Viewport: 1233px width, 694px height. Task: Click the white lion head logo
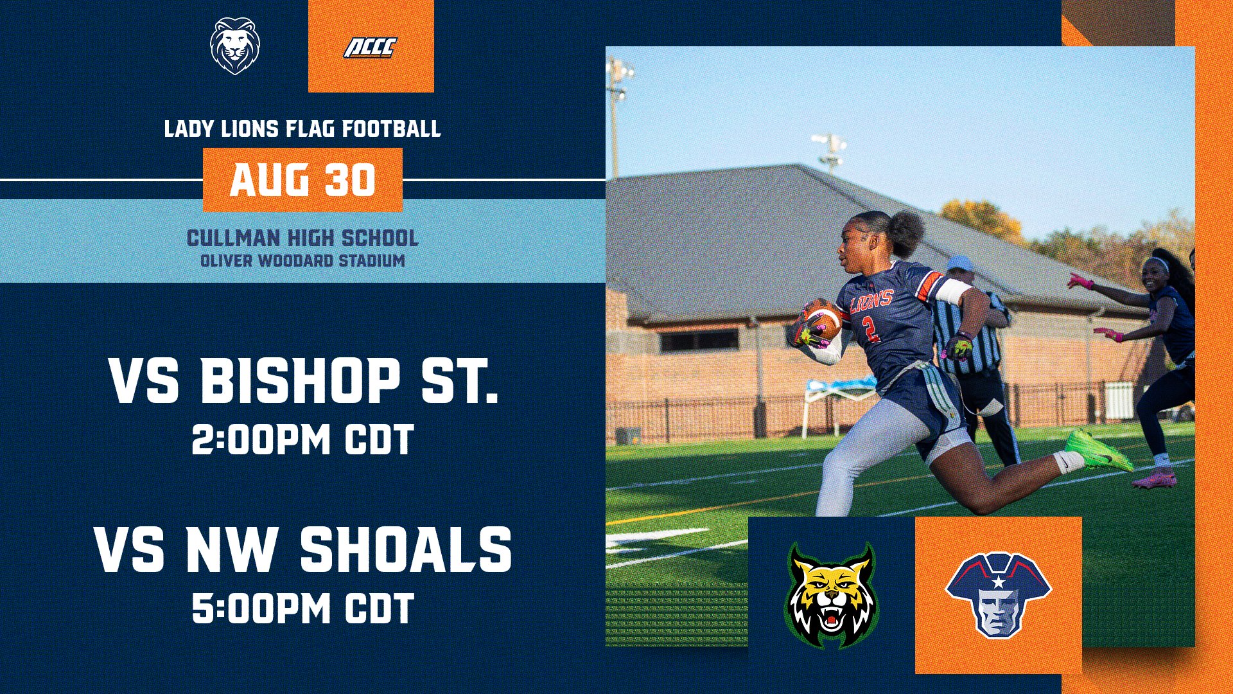[x=235, y=46]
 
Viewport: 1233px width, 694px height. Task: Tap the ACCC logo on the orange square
[x=371, y=48]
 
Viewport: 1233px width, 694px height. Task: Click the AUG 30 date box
[x=302, y=180]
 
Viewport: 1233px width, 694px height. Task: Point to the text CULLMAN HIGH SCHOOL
[x=302, y=238]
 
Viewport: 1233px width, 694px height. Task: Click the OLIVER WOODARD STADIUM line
[x=302, y=261]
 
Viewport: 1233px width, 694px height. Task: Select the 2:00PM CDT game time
[x=302, y=440]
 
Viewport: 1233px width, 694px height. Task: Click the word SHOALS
[x=406, y=549]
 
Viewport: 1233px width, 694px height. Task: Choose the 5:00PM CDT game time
[x=302, y=609]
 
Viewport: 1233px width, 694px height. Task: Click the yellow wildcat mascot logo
[x=832, y=596]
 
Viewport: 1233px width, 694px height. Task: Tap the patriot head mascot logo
[x=998, y=594]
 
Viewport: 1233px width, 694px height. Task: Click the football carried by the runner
[x=823, y=319]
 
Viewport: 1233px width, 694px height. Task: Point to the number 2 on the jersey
[x=870, y=328]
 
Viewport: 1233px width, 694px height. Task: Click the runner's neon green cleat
[x=1099, y=450]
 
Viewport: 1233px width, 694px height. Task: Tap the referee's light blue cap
[x=960, y=262]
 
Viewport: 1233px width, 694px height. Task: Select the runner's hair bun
[x=907, y=233]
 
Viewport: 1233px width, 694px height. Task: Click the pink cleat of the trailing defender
[x=1155, y=479]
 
